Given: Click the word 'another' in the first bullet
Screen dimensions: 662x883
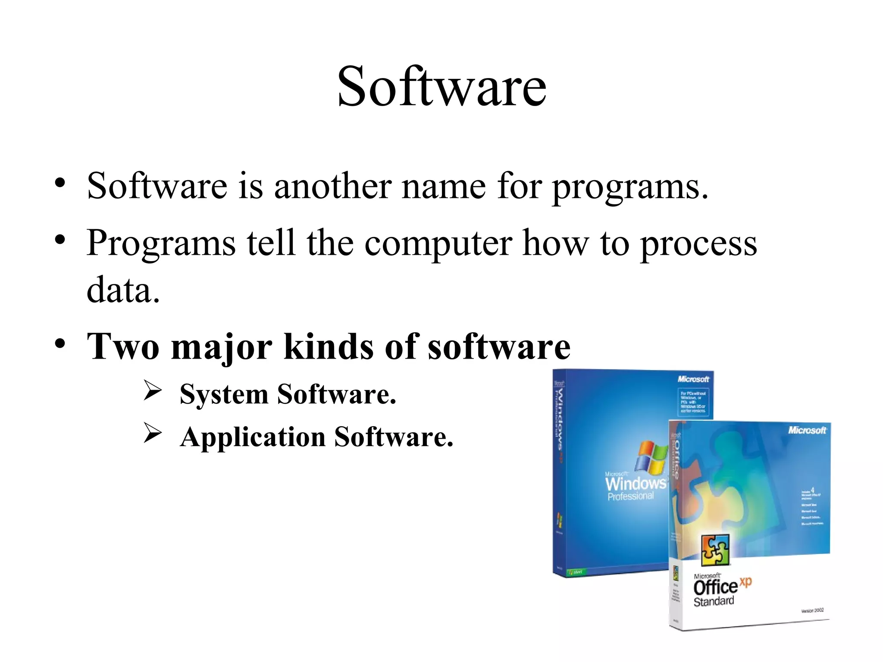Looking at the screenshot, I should click(x=332, y=186).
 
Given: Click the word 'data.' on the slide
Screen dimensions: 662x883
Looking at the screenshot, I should click(x=123, y=290).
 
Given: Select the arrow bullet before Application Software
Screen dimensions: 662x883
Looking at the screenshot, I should click(x=153, y=433).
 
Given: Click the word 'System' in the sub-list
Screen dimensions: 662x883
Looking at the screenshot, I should click(x=224, y=394).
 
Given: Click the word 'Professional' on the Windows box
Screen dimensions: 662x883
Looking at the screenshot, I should click(x=630, y=496).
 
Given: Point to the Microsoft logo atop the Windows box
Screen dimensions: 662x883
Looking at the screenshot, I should click(x=693, y=379).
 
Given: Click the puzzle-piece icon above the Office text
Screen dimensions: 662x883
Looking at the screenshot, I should click(x=715, y=550).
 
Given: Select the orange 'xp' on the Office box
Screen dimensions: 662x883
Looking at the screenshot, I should click(x=745, y=581).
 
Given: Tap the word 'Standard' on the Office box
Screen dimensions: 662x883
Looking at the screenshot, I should click(x=714, y=601).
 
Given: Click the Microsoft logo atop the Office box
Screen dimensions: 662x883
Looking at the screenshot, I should click(x=807, y=430).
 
